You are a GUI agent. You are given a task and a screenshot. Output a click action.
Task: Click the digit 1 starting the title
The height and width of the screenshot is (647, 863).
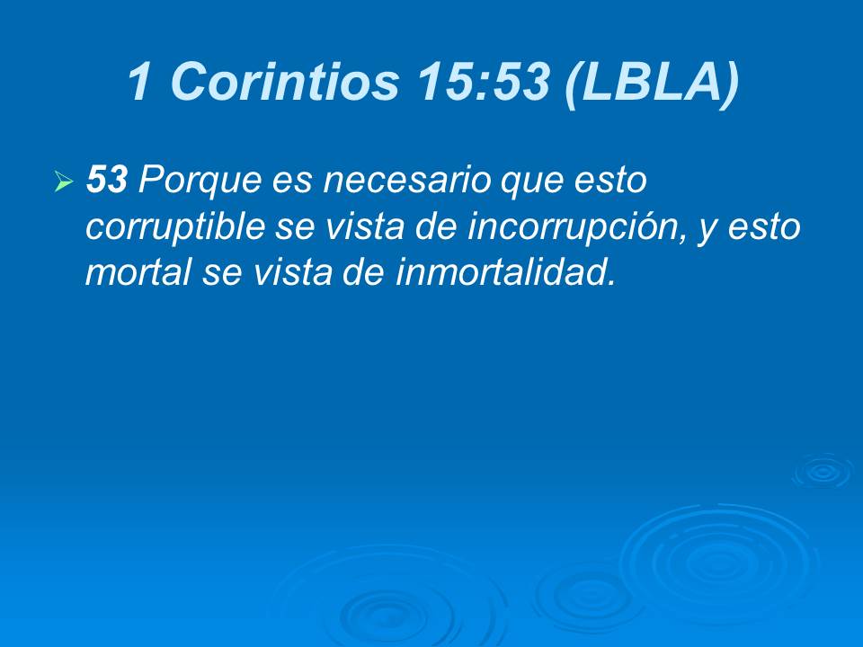(x=140, y=83)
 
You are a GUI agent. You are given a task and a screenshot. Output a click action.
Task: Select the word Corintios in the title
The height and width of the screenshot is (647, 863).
(x=282, y=83)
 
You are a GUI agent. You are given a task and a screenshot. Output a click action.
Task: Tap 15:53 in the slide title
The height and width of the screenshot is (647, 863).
(x=483, y=83)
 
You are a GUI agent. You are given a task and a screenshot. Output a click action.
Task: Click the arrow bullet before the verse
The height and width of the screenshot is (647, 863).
(x=63, y=183)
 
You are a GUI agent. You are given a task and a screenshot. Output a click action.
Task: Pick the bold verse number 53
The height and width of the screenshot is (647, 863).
(x=107, y=182)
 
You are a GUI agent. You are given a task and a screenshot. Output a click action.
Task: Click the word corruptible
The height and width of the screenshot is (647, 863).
(x=174, y=226)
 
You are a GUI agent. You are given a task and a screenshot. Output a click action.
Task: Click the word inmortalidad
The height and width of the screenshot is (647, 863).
(x=503, y=271)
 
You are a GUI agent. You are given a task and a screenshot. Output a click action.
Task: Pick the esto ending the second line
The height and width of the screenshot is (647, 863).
(x=765, y=226)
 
